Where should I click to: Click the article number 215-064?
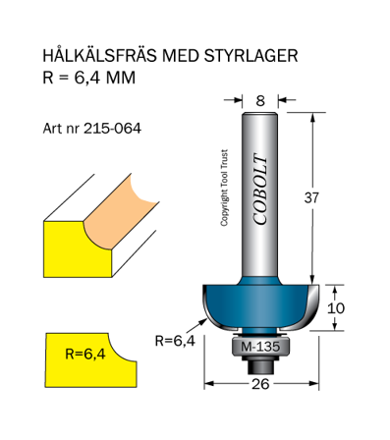[x=113, y=129]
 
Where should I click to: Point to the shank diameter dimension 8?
[x=260, y=99]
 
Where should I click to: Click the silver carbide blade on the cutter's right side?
[x=312, y=307]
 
